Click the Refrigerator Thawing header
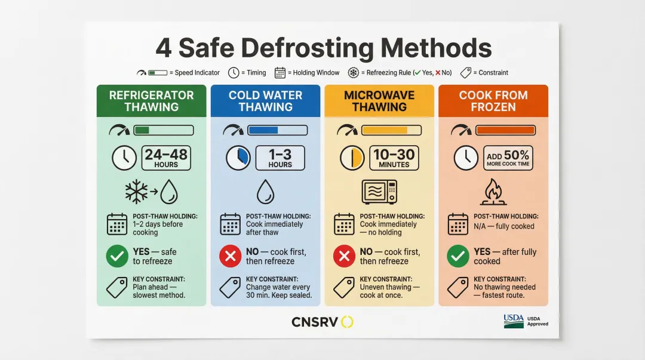151,101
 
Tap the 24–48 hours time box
166,158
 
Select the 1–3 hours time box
280,158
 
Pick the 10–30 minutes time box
394,158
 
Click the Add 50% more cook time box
508,158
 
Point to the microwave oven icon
379,192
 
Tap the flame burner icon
493,192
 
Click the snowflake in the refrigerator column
136,192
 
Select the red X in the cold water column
231,256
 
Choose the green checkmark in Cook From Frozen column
458,256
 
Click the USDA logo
514,321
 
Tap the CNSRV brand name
315,322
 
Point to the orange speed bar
506,130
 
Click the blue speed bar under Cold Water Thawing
278,130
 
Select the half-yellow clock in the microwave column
352,158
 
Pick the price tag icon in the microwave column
344,287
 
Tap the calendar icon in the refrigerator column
117,224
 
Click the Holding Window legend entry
307,73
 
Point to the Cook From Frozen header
493,101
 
